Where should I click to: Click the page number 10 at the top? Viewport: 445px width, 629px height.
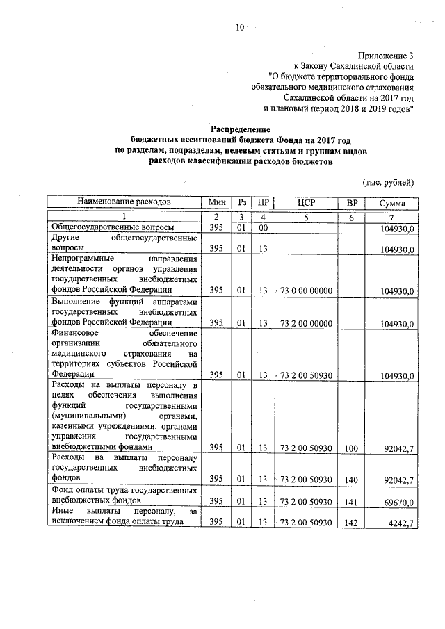pos(240,28)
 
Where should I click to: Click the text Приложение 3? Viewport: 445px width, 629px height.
pos(386,55)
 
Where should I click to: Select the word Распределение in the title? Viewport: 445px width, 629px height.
pos(240,129)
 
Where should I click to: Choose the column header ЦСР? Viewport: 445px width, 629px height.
pos(306,202)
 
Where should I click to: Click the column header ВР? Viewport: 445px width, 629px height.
pos(351,202)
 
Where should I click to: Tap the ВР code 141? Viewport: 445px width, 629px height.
pos(351,501)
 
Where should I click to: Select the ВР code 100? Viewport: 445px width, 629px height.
pos(351,448)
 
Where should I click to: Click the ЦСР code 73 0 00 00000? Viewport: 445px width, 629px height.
pos(307,291)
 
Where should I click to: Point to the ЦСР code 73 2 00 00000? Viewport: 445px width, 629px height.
pos(307,323)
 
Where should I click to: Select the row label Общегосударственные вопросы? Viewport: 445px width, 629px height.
pos(111,227)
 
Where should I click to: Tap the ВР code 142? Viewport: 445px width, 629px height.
pos(351,523)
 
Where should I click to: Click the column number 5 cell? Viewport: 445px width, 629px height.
pos(306,217)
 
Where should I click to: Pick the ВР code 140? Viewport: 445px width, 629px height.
pos(351,479)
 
